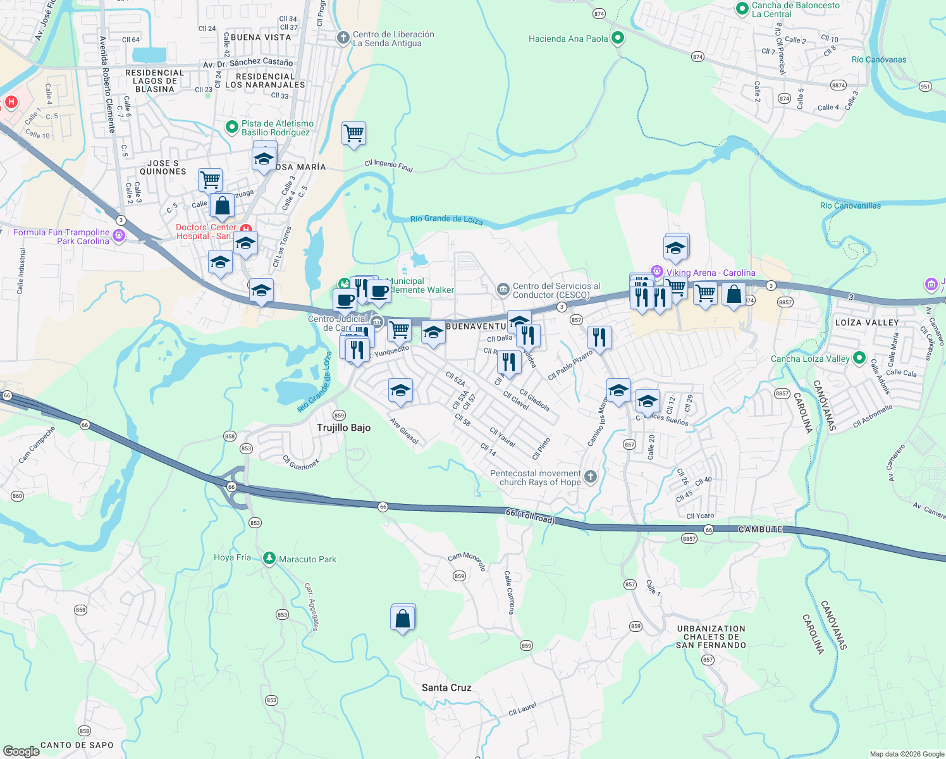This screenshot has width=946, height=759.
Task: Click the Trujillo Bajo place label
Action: point(343,428)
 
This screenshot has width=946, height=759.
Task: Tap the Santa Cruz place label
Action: point(446,688)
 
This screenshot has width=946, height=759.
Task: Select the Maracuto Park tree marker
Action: point(269,558)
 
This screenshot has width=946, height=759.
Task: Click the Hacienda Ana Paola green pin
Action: point(618,39)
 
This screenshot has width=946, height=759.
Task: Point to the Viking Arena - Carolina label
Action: point(710,273)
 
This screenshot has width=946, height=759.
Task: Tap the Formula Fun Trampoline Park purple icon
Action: point(118,236)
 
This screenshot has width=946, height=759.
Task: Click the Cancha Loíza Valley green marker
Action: point(859,358)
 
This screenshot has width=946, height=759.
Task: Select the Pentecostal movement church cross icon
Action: point(590,477)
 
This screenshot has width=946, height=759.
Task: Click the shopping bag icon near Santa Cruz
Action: point(403,619)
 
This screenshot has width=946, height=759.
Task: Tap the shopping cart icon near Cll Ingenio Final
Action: point(354,133)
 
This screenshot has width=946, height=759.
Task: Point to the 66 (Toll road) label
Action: point(530,516)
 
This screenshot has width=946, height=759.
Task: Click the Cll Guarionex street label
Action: point(300,463)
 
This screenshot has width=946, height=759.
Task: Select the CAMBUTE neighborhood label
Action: point(760,529)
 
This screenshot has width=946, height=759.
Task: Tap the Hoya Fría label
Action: point(232,558)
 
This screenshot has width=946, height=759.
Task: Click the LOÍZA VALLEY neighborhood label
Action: point(867,323)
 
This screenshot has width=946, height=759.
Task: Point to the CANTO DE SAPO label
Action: point(77,745)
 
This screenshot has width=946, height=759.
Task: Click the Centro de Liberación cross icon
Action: point(343,39)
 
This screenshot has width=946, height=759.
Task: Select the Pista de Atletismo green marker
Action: point(232,127)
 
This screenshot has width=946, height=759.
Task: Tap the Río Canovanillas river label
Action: point(850,206)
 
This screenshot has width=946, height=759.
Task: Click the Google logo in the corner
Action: point(21,751)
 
